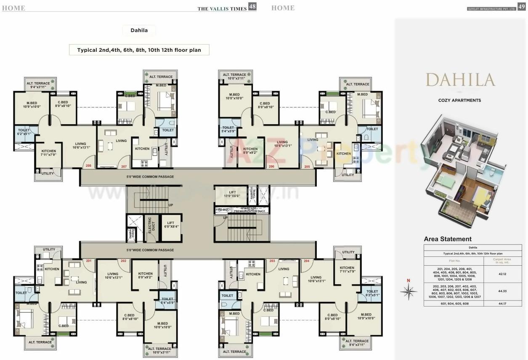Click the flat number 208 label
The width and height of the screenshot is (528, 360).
pyautogui.click(x=88, y=166)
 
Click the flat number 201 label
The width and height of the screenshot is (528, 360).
pyautogui.click(x=88, y=261)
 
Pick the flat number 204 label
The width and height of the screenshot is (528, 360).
pyautogui.click(x=306, y=261)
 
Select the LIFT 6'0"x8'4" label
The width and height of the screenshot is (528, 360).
pyautogui.click(x=170, y=225)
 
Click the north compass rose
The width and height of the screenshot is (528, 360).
pyautogui.click(x=408, y=289)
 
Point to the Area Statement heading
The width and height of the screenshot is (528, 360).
pyautogui.click(x=448, y=239)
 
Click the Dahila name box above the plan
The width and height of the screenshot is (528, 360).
pyautogui.click(x=139, y=30)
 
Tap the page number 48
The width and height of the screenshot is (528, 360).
pyautogui.click(x=252, y=6)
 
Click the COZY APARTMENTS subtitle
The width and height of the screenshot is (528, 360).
pyautogui.click(x=459, y=100)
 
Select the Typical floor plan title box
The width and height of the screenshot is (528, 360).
pyautogui.click(x=139, y=50)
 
